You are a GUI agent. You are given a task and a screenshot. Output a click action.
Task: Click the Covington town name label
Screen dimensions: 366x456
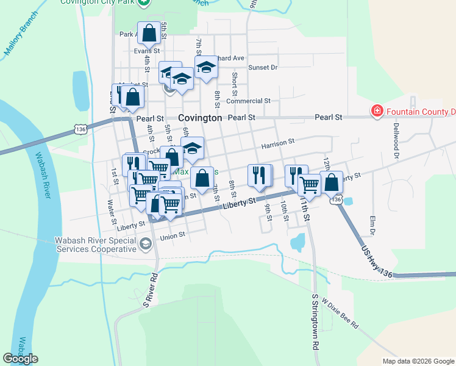click(x=200, y=118)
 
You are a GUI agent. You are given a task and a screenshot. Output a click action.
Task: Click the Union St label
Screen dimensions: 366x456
click(x=172, y=235)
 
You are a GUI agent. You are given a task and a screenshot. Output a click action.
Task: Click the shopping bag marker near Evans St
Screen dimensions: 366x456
click(x=149, y=33)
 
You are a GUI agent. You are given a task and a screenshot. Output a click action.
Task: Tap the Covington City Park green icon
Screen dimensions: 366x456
click(x=143, y=3)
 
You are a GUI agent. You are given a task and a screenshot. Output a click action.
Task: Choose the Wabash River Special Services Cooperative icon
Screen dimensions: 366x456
click(x=145, y=245)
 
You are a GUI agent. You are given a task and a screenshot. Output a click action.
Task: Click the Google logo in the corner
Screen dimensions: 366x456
click(x=21, y=359)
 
